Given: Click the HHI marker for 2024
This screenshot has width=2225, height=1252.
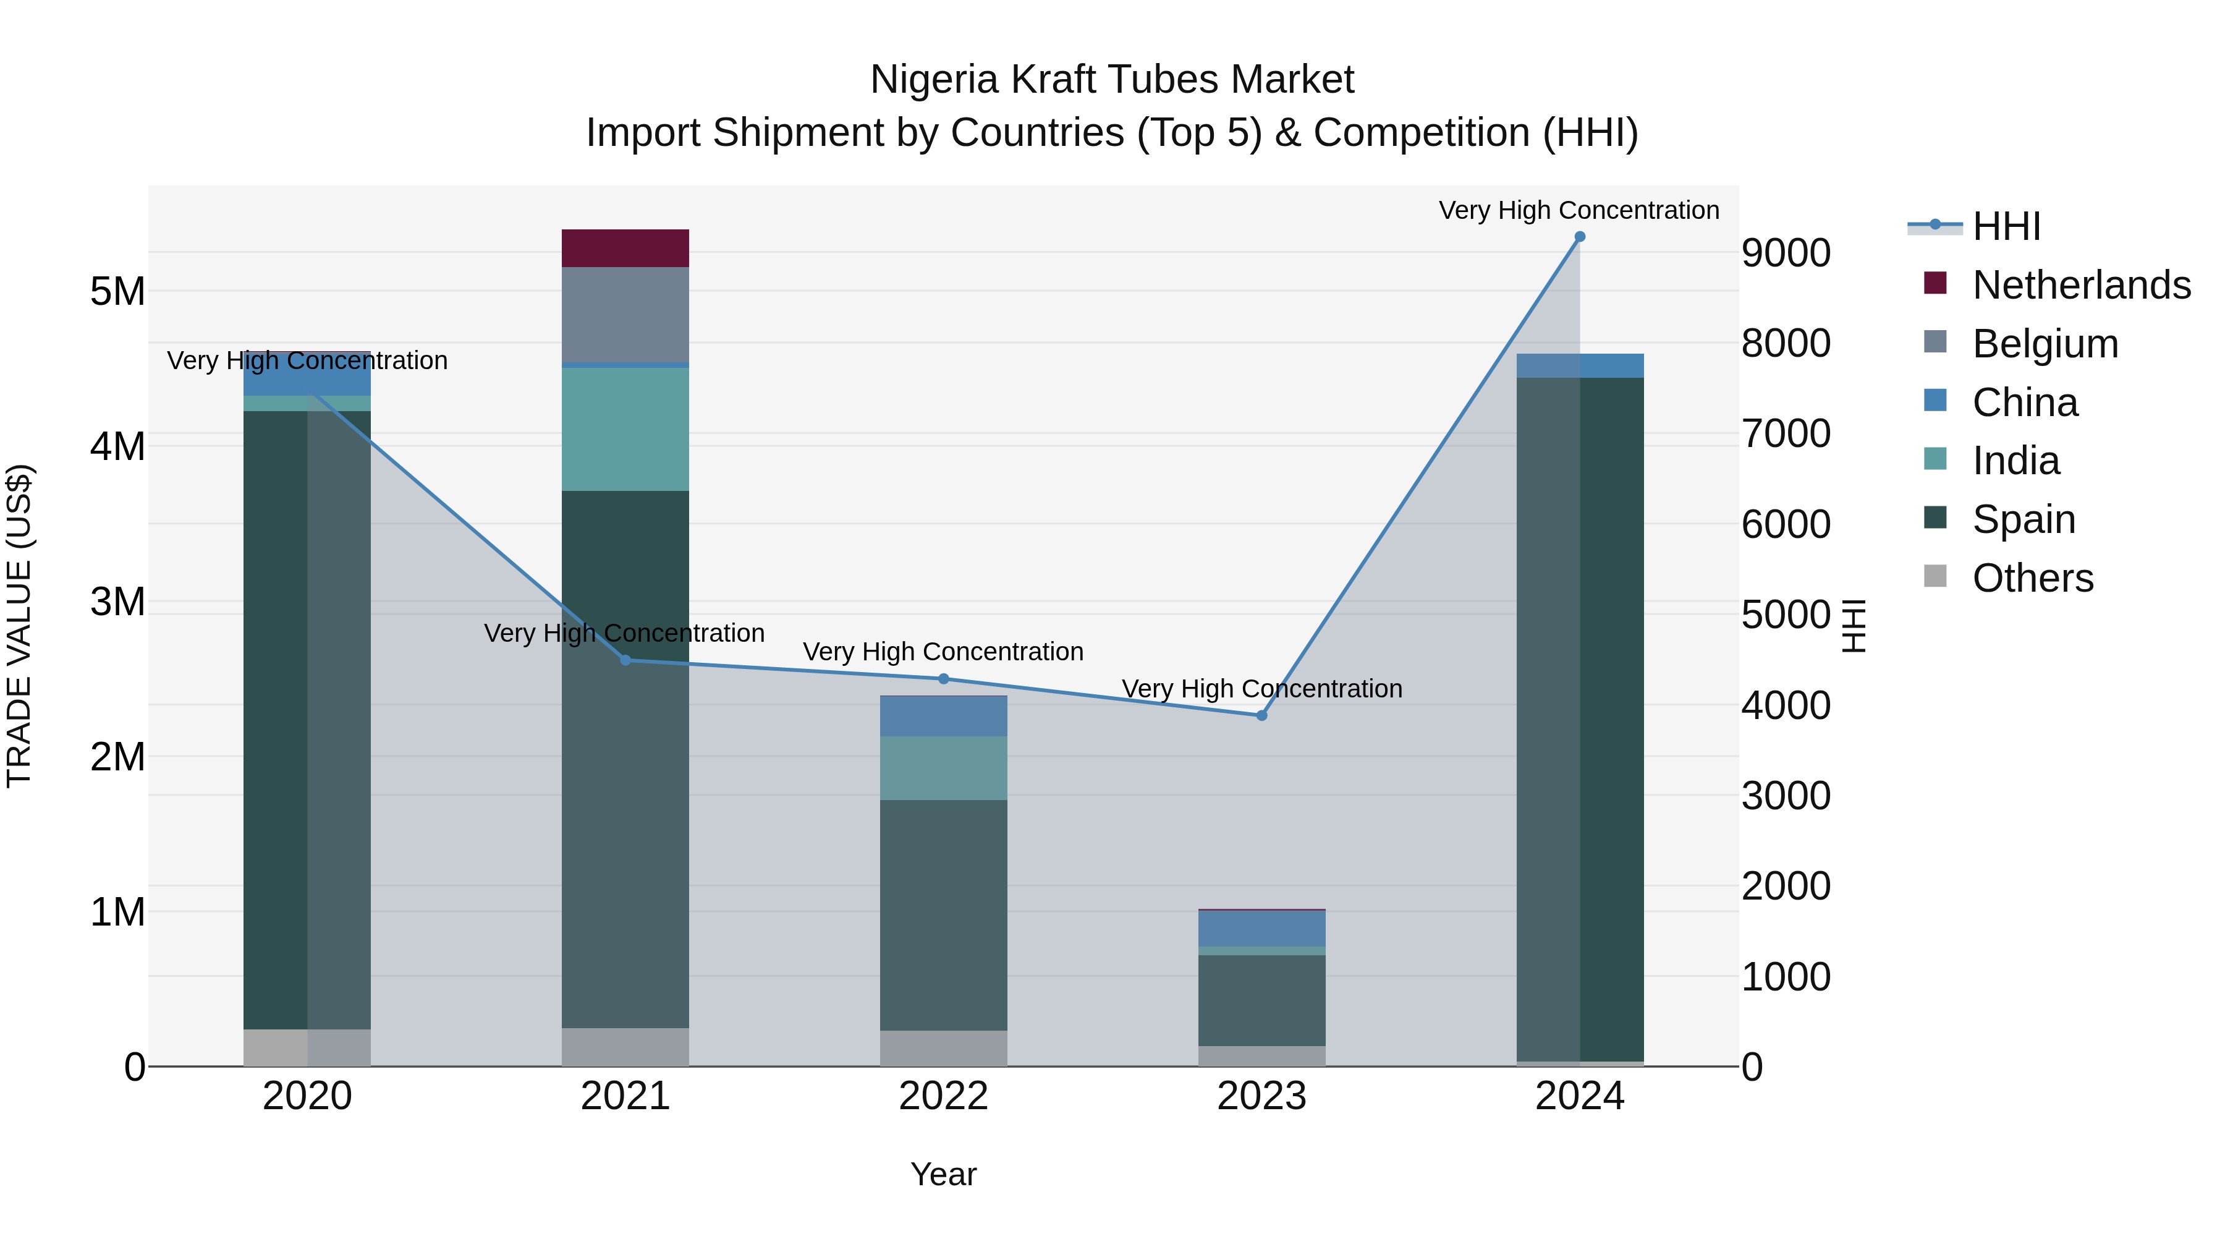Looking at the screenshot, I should click(1580, 237).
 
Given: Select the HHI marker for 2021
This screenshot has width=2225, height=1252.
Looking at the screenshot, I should click(625, 660).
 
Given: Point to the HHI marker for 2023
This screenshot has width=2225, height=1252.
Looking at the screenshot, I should click(1261, 715).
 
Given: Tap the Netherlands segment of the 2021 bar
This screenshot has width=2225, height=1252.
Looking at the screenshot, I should click(625, 248).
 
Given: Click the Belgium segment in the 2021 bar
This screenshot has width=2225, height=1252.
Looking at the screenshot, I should click(625, 315).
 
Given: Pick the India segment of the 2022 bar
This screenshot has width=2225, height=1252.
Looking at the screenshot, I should click(943, 767).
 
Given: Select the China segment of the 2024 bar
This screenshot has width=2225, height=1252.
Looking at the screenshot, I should click(1580, 365).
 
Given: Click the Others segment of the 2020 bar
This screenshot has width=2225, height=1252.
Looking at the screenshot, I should click(307, 1047).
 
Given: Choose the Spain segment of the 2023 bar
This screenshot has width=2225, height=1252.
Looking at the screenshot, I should click(1261, 1000).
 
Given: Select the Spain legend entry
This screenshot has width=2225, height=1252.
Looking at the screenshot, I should click(2023, 519).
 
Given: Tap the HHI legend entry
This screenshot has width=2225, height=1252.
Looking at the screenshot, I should click(2006, 226).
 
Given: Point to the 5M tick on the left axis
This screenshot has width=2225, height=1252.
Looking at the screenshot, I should click(117, 292).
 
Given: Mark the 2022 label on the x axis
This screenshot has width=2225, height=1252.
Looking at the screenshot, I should click(943, 1096).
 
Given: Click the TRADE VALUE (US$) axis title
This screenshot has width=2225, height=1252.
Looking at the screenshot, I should click(19, 626).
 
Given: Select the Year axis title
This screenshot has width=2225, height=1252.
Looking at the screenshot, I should click(943, 1174).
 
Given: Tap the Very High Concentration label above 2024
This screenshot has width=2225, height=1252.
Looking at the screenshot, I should click(1578, 210).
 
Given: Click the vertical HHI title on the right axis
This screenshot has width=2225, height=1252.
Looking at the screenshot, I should click(1854, 626).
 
